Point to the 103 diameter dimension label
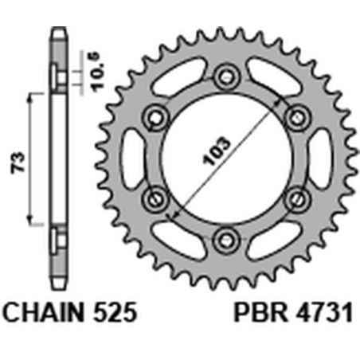(217, 151)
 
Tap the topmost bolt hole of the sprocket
(225, 76)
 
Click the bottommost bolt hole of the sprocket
(225, 238)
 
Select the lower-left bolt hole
(155, 198)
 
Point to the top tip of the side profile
(57, 32)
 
